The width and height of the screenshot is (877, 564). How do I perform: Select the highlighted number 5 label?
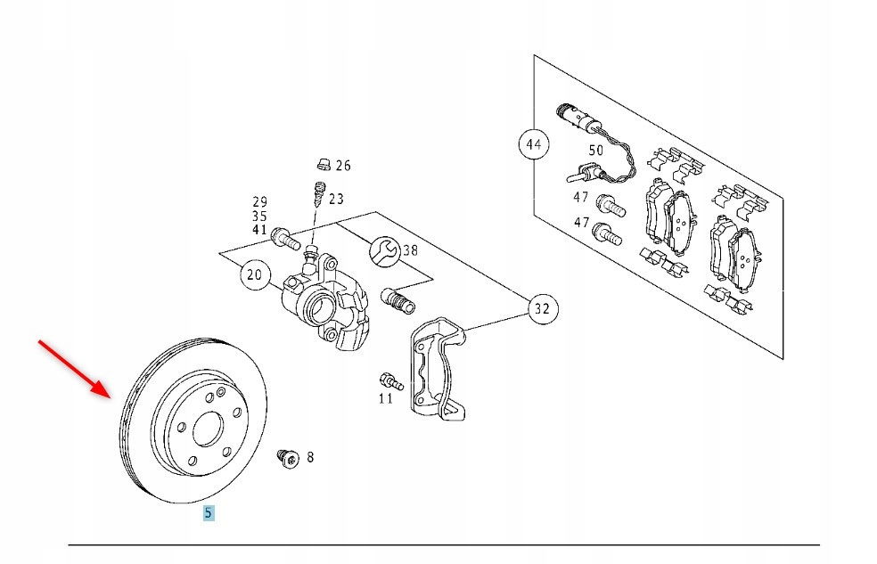tap(209, 512)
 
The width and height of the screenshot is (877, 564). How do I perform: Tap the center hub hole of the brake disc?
tap(204, 429)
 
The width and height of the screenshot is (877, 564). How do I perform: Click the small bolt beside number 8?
tap(287, 458)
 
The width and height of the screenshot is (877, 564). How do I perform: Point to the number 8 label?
tap(310, 458)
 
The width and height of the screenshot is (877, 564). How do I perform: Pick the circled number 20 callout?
tap(255, 275)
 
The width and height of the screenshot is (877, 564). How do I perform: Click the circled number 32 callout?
tap(541, 310)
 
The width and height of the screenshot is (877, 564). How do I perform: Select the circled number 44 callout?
tap(534, 143)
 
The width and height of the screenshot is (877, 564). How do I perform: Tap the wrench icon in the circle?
tap(383, 250)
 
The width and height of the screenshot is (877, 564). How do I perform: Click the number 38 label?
tap(409, 250)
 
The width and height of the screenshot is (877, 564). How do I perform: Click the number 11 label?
tap(385, 397)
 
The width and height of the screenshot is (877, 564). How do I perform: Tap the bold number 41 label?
tap(259, 229)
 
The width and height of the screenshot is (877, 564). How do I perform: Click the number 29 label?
tap(259, 202)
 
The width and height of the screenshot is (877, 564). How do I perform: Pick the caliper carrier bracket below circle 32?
tap(436, 366)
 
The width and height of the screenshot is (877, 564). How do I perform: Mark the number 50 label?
tap(595, 151)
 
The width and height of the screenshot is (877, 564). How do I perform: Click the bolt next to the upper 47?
tap(610, 204)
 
